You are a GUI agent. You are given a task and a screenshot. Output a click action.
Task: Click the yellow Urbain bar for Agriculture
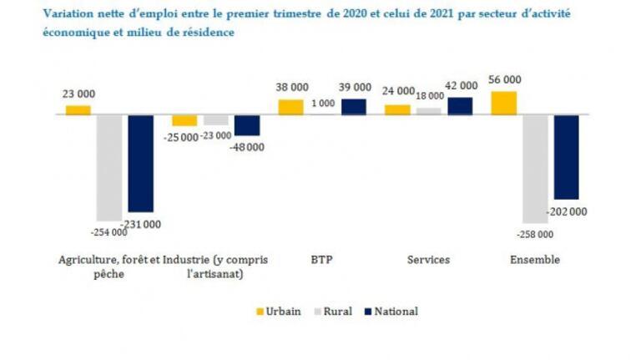point(78,110)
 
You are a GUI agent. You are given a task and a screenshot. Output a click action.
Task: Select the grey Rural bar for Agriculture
point(109,167)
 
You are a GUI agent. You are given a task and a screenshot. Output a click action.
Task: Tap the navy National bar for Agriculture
point(140,163)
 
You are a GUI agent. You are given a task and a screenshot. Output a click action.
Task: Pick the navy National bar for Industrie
point(247,125)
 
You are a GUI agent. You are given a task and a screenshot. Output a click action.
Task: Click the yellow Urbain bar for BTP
point(290,107)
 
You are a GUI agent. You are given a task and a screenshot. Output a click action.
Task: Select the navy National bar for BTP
point(354,106)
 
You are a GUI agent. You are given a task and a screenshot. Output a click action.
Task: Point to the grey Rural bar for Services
point(429,111)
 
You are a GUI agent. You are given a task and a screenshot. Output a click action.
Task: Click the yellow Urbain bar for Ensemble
point(503,103)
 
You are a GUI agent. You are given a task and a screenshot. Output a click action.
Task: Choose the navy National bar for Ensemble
point(566,157)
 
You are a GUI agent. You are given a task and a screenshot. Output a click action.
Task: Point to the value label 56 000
point(504,80)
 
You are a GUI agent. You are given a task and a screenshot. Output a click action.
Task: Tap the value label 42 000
point(461,86)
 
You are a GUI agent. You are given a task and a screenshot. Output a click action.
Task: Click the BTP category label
point(321,260)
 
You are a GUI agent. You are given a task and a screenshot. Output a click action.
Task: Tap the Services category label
point(428,260)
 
